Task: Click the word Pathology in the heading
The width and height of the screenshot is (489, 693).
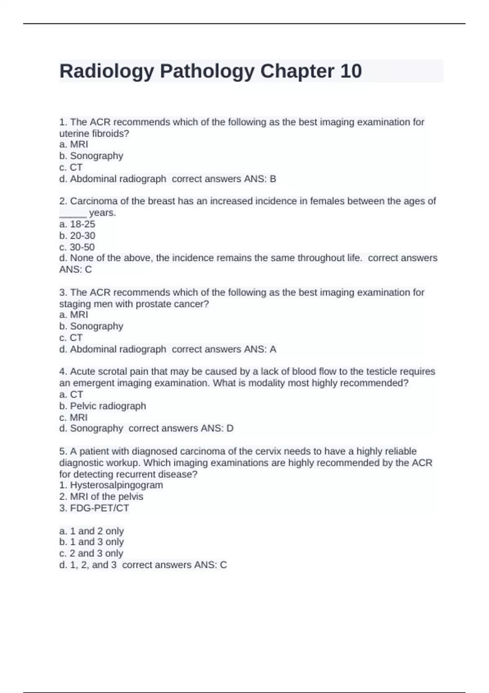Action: pyautogui.click(x=207, y=71)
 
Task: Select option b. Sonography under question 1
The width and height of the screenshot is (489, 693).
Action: pyautogui.click(x=91, y=156)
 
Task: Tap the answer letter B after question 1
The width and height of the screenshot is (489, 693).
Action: pyautogui.click(x=273, y=179)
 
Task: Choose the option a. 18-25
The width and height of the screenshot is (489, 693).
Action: pyautogui.click(x=77, y=224)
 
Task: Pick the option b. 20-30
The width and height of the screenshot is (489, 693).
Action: pyautogui.click(x=77, y=236)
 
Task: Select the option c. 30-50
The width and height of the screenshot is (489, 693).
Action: pyautogui.click(x=77, y=247)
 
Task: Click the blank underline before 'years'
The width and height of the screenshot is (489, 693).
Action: pyautogui.click(x=73, y=214)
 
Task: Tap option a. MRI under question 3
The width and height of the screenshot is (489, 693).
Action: pyautogui.click(x=74, y=315)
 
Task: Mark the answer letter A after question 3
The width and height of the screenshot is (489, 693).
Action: pyautogui.click(x=273, y=349)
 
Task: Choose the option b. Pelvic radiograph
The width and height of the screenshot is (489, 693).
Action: pyautogui.click(x=103, y=406)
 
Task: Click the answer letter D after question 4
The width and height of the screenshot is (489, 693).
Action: pyautogui.click(x=230, y=428)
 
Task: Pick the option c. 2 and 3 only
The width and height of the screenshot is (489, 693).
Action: pyautogui.click(x=91, y=553)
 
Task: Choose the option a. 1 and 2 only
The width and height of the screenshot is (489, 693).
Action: pyautogui.click(x=91, y=531)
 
